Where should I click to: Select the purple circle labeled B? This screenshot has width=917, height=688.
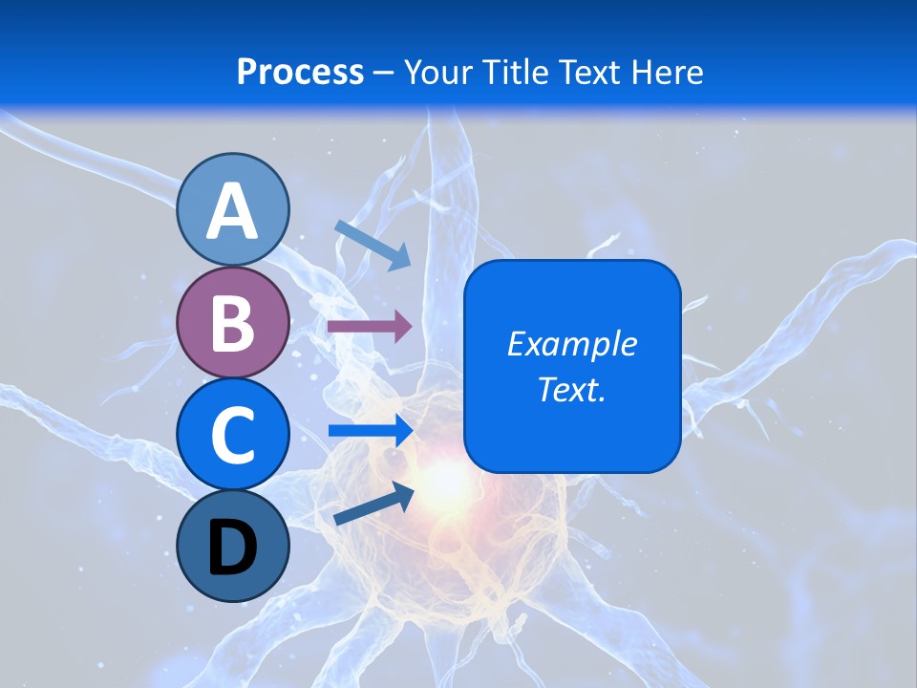pos(232,322)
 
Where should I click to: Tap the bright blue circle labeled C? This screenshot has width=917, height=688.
pos(232,434)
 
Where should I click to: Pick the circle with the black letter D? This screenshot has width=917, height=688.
pos(232,546)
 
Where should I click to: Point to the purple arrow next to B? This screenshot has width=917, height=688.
pos(370,327)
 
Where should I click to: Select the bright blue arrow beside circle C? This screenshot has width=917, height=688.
pos(371,431)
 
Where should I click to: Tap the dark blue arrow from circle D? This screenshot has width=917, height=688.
pos(373,505)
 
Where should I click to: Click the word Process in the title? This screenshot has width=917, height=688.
pos(300,73)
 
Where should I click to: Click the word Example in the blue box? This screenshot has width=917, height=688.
pos(571,344)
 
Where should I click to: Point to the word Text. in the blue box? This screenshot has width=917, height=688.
pos(571,389)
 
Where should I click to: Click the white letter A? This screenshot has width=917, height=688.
pos(232,211)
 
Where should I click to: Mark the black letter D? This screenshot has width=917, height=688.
pos(232,548)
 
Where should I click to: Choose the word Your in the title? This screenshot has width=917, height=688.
pos(436,73)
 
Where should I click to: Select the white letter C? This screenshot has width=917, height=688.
pos(232,436)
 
